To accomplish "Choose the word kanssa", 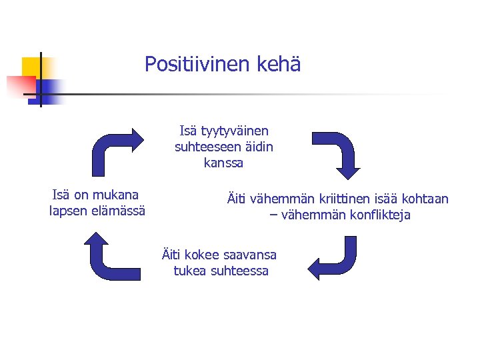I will pyautogui.click(x=223, y=163).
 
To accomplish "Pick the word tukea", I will pyautogui.click(x=188, y=271).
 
